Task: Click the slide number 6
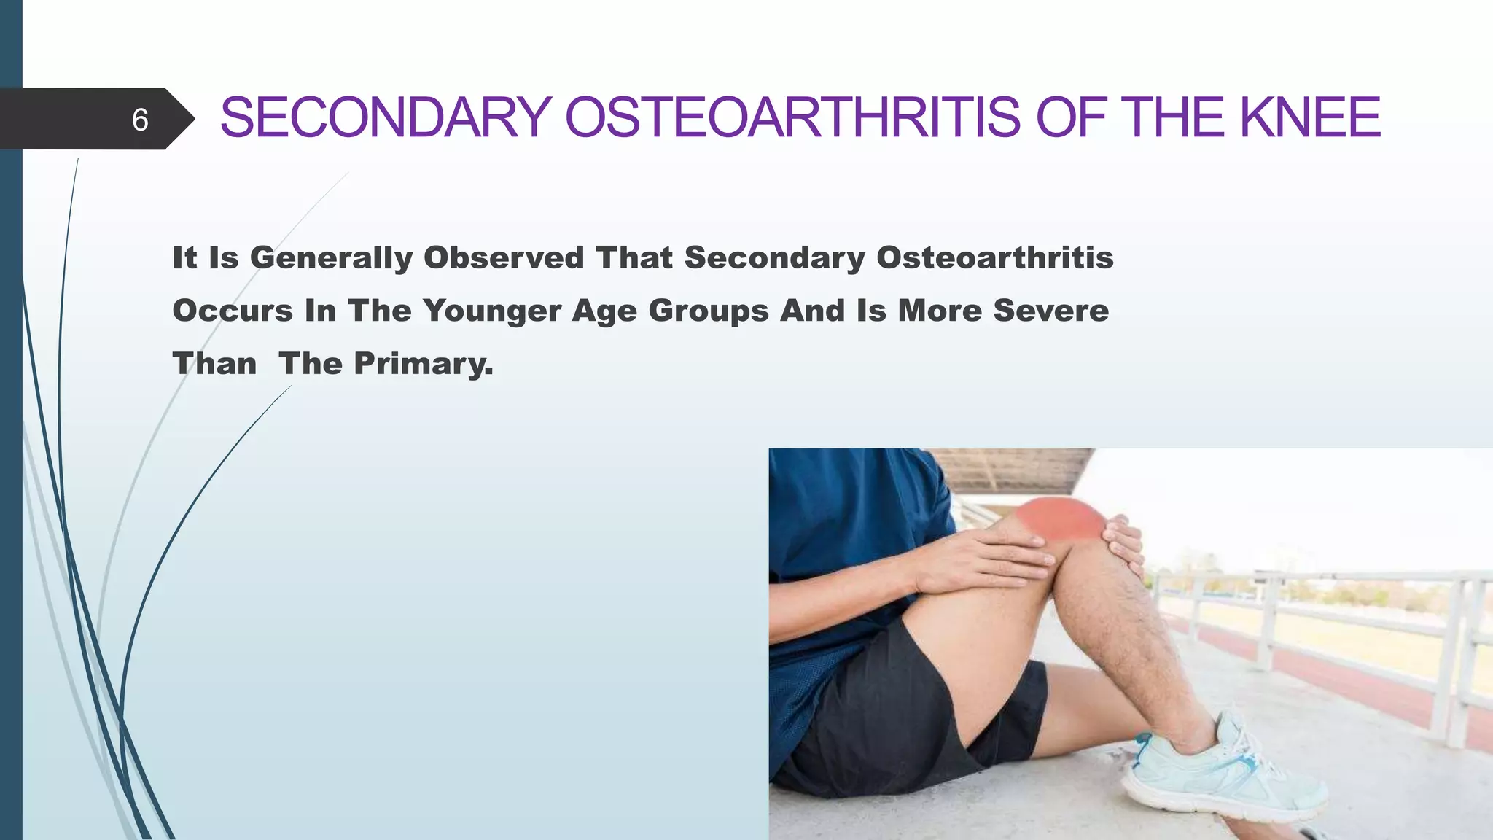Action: (140, 120)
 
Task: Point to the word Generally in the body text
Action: (332, 258)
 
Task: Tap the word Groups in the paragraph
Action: (709, 311)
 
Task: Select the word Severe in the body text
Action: (1050, 311)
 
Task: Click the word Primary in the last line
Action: (423, 364)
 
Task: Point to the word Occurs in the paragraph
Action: (233, 311)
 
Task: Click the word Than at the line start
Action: (214, 364)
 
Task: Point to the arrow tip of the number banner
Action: (191, 119)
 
